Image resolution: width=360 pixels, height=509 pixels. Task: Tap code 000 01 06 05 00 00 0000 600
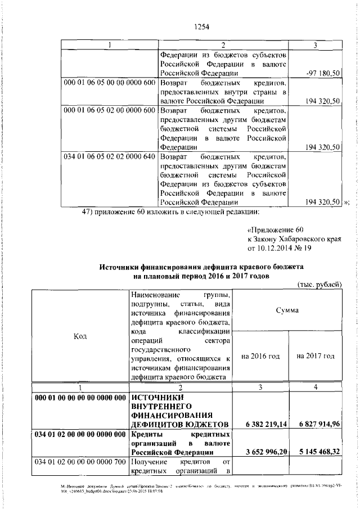(109, 83)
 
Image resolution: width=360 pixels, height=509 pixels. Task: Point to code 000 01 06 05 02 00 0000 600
(109, 110)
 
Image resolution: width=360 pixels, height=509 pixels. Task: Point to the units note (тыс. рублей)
(319, 285)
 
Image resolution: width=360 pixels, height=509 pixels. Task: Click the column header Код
(80, 336)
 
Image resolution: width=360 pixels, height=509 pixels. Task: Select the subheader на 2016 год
(260, 356)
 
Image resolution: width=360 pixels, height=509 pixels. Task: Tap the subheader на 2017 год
(315, 356)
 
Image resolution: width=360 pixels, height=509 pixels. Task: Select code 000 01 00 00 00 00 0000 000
(80, 398)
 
